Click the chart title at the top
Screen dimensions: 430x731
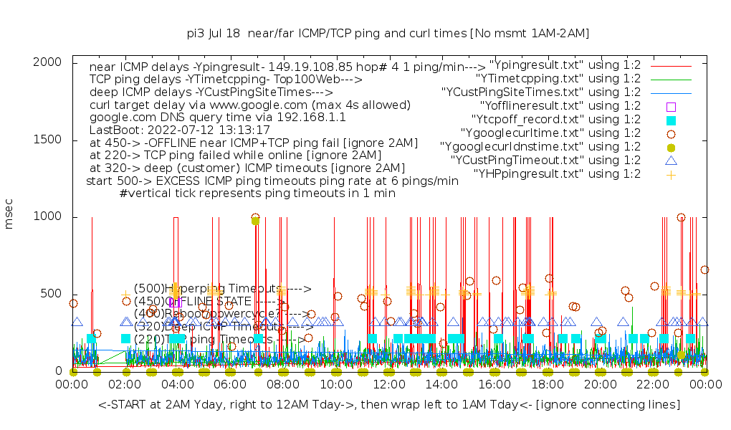click(388, 33)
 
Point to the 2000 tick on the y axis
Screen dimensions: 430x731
click(49, 62)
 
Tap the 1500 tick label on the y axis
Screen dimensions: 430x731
click(49, 140)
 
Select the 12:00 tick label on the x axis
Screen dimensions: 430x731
click(388, 385)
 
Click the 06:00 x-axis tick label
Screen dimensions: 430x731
click(230, 385)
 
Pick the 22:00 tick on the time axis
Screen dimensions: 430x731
click(652, 385)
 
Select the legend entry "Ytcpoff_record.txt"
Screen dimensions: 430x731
click(556, 119)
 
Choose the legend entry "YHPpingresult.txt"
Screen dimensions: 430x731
click(557, 173)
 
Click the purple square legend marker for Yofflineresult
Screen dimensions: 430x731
click(672, 106)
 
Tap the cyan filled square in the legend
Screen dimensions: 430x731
click(672, 120)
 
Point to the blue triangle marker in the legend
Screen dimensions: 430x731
click(672, 161)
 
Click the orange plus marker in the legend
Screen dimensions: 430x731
click(672, 174)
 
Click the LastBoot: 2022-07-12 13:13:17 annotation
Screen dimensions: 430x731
click(180, 130)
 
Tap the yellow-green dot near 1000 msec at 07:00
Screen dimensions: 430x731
click(255, 221)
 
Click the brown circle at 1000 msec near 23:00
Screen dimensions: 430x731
click(681, 217)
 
